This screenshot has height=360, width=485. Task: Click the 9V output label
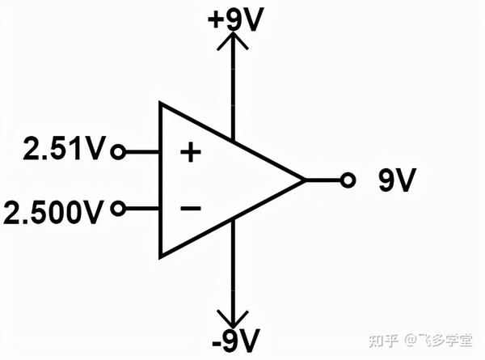click(x=397, y=181)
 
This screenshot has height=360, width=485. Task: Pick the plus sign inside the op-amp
click(x=190, y=152)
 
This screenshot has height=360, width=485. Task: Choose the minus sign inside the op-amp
click(x=190, y=210)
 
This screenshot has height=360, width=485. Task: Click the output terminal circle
click(x=348, y=180)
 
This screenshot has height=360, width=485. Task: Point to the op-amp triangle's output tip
click(x=304, y=180)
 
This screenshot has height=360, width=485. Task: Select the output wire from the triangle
click(x=323, y=180)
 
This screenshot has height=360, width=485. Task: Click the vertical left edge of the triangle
click(x=160, y=180)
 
